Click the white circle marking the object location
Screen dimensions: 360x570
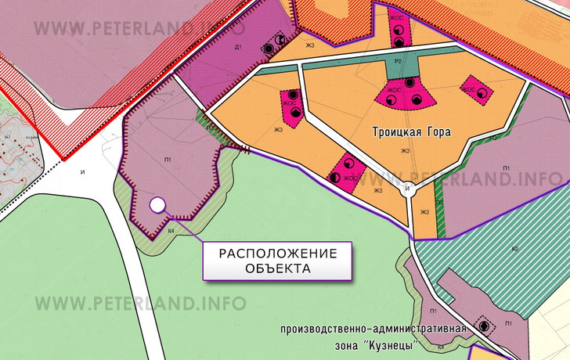click(x=157, y=205)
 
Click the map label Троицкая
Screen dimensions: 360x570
click(x=398, y=133)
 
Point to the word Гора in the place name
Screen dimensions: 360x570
click(x=438, y=133)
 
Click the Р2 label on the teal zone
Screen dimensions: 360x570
click(x=399, y=60)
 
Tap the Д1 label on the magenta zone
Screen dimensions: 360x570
click(x=238, y=49)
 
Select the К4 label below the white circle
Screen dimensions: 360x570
click(x=171, y=232)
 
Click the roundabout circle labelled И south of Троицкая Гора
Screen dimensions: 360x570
click(x=406, y=189)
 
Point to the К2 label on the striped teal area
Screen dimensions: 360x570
click(x=514, y=249)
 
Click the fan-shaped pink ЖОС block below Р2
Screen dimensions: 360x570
click(x=407, y=94)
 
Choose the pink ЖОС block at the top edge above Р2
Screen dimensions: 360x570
click(x=399, y=27)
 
